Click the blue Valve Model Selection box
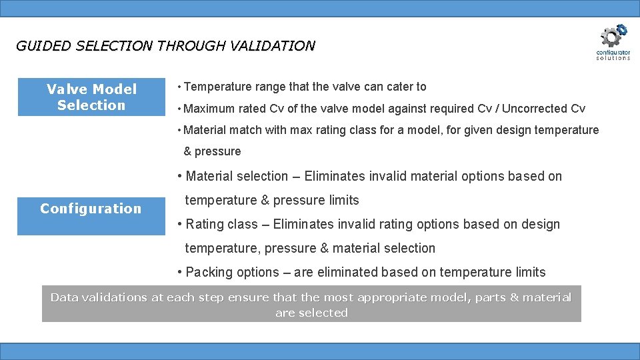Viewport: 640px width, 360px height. [91, 97]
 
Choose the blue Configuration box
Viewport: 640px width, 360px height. [91, 209]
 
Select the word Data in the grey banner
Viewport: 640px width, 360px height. [64, 297]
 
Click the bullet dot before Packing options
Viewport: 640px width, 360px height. [180, 273]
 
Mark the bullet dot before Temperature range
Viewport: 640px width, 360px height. [179, 87]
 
